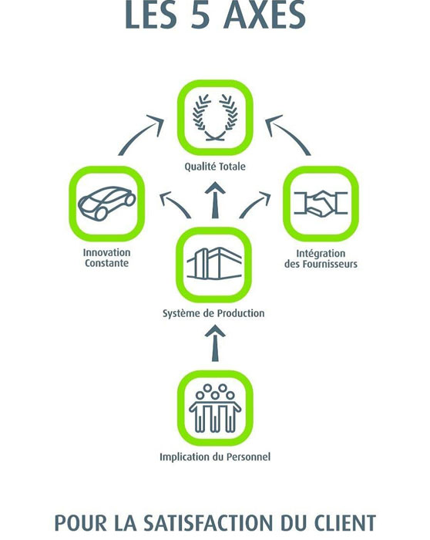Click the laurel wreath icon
click(215, 117)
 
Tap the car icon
click(107, 203)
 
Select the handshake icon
click(321, 204)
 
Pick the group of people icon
click(215, 408)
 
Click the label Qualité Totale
click(215, 167)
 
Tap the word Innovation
click(106, 252)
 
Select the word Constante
click(106, 264)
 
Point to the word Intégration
click(321, 254)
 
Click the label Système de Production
click(213, 313)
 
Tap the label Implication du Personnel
click(215, 457)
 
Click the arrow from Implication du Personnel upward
click(215, 344)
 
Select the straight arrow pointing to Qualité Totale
click(215, 200)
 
